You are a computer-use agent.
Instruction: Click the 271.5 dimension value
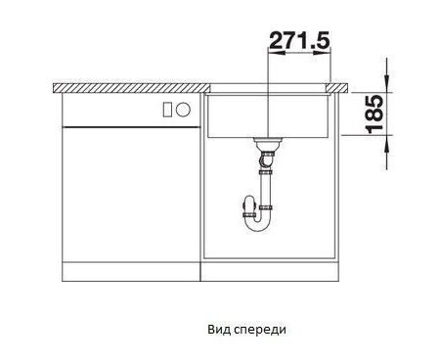pyautogui.click(x=299, y=40)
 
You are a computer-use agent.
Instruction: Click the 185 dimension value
pyautogui.click(x=374, y=114)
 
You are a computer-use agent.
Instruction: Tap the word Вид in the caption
pyautogui.click(x=219, y=330)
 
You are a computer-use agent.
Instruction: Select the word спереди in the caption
pyautogui.click(x=260, y=331)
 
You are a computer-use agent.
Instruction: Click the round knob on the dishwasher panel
pyautogui.click(x=183, y=110)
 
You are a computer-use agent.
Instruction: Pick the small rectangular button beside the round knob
pyautogui.click(x=167, y=110)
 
